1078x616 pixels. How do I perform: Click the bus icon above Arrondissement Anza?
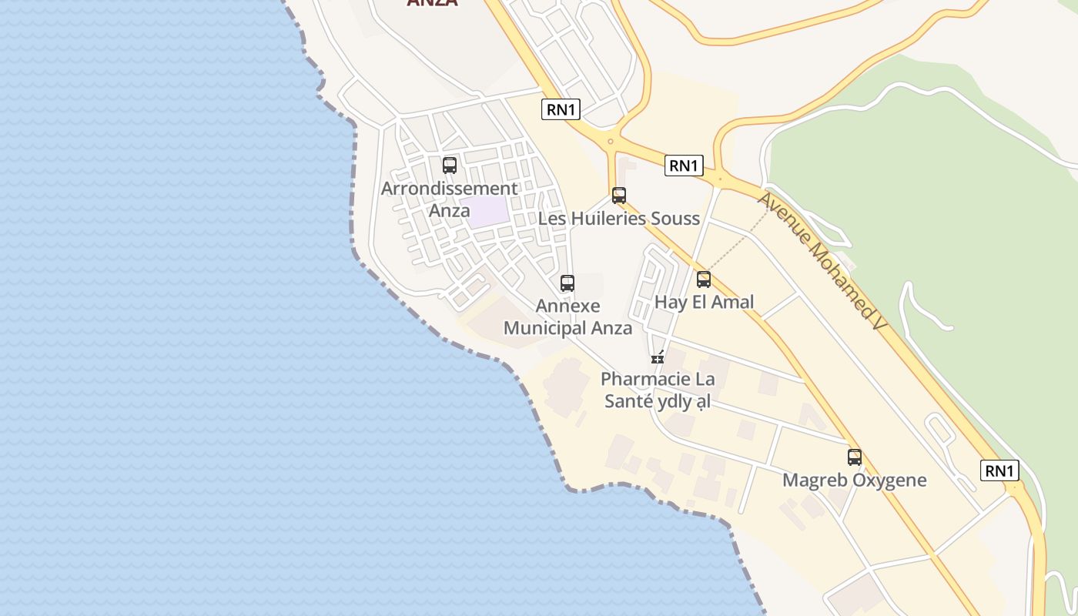click(450, 165)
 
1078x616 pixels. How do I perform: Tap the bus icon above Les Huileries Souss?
click(619, 196)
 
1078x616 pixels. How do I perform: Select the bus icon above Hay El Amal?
click(704, 280)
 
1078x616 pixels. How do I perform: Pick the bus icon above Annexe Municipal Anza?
click(567, 283)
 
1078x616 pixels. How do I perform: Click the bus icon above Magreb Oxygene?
click(855, 457)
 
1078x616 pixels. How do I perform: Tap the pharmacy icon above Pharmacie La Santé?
click(658, 357)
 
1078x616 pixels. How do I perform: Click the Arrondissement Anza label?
click(450, 199)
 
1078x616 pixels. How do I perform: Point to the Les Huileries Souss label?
click(619, 219)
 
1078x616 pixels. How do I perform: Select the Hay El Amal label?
click(704, 302)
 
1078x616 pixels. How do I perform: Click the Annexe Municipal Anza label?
click(567, 317)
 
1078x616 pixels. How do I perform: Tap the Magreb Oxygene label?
click(855, 480)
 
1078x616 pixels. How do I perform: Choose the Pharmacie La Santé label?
click(658, 390)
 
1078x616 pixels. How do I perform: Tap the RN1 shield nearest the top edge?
click(561, 109)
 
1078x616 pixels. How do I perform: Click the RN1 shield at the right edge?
click(999, 470)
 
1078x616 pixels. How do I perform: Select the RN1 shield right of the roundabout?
click(685, 165)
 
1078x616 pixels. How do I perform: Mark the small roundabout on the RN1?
click(610, 141)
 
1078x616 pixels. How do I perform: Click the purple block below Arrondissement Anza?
click(488, 212)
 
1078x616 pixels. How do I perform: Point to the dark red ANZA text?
click(432, 3)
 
